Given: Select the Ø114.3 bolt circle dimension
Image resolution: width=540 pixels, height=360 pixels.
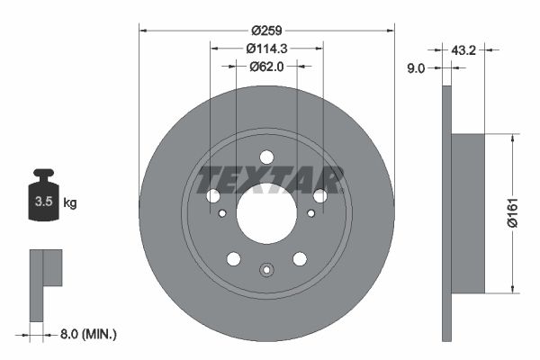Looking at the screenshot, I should [x=266, y=48].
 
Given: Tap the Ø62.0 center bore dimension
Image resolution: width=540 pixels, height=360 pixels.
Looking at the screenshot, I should [x=266, y=66].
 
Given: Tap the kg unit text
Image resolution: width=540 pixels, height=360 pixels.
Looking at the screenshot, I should [x=70, y=203].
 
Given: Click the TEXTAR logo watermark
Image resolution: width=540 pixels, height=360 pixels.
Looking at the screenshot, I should [x=270, y=178].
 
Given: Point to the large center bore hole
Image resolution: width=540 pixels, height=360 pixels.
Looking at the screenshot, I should [x=266, y=213].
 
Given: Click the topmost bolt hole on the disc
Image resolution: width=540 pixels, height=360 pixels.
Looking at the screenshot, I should [x=266, y=157].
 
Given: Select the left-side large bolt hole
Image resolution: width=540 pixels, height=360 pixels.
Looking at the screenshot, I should [x=213, y=196].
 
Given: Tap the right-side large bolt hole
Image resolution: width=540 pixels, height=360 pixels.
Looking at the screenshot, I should [x=319, y=196].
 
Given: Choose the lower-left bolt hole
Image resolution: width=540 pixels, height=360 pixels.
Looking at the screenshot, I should [x=234, y=259].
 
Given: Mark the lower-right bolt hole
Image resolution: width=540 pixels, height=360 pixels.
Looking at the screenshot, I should [x=300, y=259].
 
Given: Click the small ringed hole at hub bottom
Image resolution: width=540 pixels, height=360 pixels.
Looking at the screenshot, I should [x=266, y=269].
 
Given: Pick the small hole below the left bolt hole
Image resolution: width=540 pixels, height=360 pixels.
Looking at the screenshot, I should [x=222, y=213].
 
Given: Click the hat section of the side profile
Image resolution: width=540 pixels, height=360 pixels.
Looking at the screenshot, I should [x=467, y=213].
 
